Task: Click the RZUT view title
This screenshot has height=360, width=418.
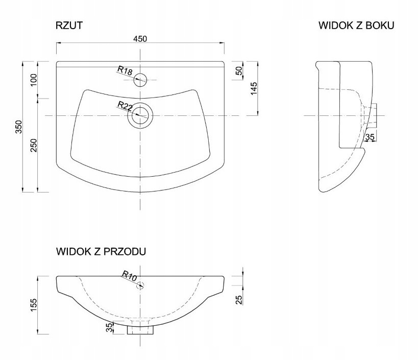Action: click(x=69, y=26)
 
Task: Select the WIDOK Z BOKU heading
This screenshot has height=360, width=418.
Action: click(x=356, y=26)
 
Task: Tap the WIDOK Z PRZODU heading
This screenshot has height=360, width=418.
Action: click(x=101, y=251)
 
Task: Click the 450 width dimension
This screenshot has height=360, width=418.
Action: click(x=140, y=39)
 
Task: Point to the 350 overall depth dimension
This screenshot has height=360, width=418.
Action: click(x=19, y=127)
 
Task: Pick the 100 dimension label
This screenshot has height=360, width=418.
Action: click(x=34, y=80)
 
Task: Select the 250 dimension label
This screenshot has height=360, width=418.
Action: click(x=34, y=146)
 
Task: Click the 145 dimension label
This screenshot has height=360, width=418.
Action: click(x=254, y=88)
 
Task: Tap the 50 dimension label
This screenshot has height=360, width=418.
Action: click(x=239, y=70)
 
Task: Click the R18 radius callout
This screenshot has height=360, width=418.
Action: click(x=125, y=70)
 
